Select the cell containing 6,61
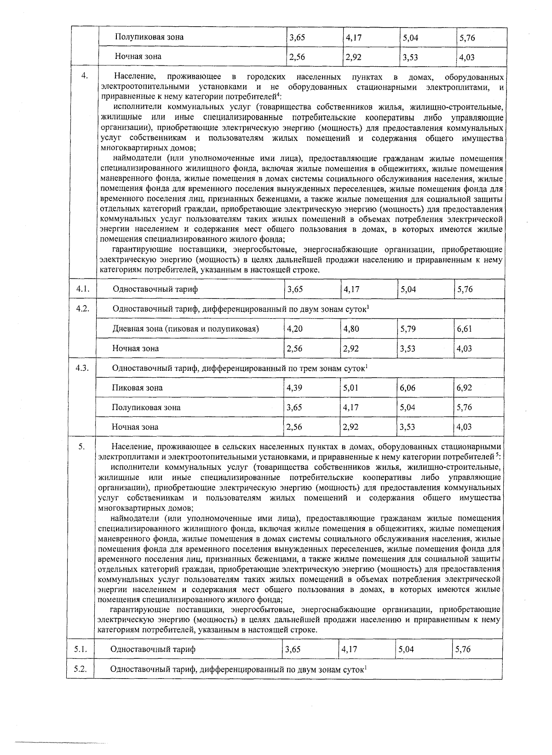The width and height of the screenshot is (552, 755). tap(464, 329)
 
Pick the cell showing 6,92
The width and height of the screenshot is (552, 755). tap(464, 388)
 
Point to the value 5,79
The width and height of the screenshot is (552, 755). tap(408, 329)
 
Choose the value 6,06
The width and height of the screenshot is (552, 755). tap(408, 388)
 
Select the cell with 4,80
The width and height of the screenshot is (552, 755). tap(351, 329)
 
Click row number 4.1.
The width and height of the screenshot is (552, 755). tap(82, 289)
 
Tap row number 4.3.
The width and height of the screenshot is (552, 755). tap(82, 368)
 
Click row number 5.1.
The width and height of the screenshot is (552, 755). tap(80, 649)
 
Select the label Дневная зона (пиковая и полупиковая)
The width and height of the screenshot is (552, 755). tap(185, 329)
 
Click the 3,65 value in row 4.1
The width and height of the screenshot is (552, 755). tap(294, 289)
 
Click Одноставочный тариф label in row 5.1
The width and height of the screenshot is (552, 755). tap(153, 649)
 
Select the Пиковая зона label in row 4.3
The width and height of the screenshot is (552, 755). tap(137, 388)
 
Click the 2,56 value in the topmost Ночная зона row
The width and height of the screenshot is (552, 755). tap(296, 57)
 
